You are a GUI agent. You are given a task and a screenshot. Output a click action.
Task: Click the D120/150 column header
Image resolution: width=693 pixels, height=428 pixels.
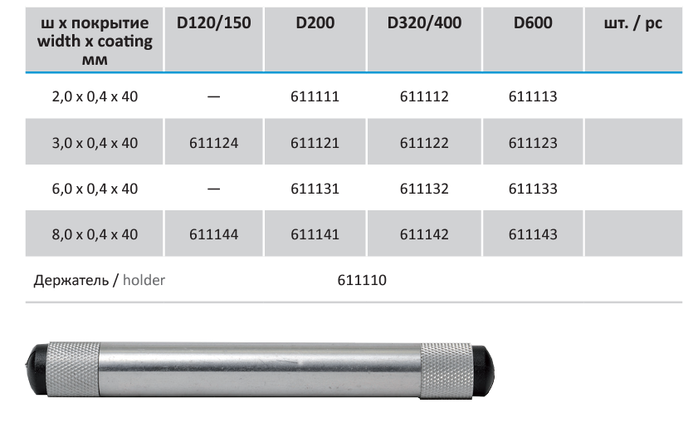pos(213,23)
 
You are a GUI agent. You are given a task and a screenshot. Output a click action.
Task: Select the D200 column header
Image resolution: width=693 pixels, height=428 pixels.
pos(315,23)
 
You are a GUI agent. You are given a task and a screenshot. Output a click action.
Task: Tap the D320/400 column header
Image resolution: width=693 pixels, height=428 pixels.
pos(424,23)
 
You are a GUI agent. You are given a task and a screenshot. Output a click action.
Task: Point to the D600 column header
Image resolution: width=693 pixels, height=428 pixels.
pos(533,23)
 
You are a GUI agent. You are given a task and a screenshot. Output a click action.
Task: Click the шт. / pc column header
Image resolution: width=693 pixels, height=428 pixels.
pos(633,23)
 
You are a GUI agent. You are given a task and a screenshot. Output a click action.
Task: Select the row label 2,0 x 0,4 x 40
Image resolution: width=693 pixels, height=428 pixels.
pos(95,96)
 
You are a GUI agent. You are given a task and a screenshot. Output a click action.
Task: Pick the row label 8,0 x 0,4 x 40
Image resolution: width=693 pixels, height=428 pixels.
pos(95,234)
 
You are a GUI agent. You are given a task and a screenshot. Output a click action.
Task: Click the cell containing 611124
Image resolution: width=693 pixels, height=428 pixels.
pos(213,143)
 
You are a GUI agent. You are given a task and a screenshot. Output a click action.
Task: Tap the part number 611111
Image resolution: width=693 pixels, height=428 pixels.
pos(315,96)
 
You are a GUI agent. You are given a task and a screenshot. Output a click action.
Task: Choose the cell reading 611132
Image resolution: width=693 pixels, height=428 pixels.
pos(424,189)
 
